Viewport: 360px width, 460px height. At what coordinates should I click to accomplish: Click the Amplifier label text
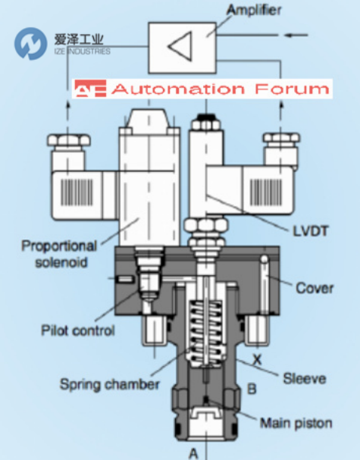click(x=254, y=11)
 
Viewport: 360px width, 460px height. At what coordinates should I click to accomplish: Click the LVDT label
click(x=311, y=231)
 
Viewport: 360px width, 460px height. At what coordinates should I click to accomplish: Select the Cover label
click(x=315, y=288)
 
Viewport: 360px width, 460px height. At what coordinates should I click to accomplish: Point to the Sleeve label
click(x=305, y=378)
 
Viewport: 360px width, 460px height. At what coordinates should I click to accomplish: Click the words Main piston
click(x=296, y=423)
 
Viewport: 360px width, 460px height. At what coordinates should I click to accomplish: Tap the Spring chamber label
click(x=110, y=384)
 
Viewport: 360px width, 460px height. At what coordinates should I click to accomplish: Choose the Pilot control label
click(x=78, y=330)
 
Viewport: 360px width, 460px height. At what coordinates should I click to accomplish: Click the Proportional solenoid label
click(x=59, y=254)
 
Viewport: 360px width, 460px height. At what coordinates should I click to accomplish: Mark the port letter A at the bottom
click(x=193, y=453)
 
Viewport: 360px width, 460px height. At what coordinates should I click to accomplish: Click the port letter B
click(x=252, y=389)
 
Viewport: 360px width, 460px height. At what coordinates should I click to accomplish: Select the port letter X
click(x=257, y=359)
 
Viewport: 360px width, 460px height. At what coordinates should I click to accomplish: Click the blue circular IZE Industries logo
click(x=31, y=44)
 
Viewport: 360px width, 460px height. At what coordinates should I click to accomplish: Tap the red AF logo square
click(x=90, y=89)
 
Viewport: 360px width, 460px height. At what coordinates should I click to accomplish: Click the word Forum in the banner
click(x=293, y=89)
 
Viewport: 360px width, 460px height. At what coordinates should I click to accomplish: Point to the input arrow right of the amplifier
click(x=296, y=35)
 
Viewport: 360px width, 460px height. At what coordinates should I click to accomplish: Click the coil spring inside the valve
click(x=206, y=333)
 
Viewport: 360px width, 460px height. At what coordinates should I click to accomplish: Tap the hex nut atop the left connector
click(x=69, y=140)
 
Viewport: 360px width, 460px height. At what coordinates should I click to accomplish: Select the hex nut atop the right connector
click(x=282, y=138)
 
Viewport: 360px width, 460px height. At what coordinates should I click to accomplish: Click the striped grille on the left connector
click(x=77, y=192)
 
